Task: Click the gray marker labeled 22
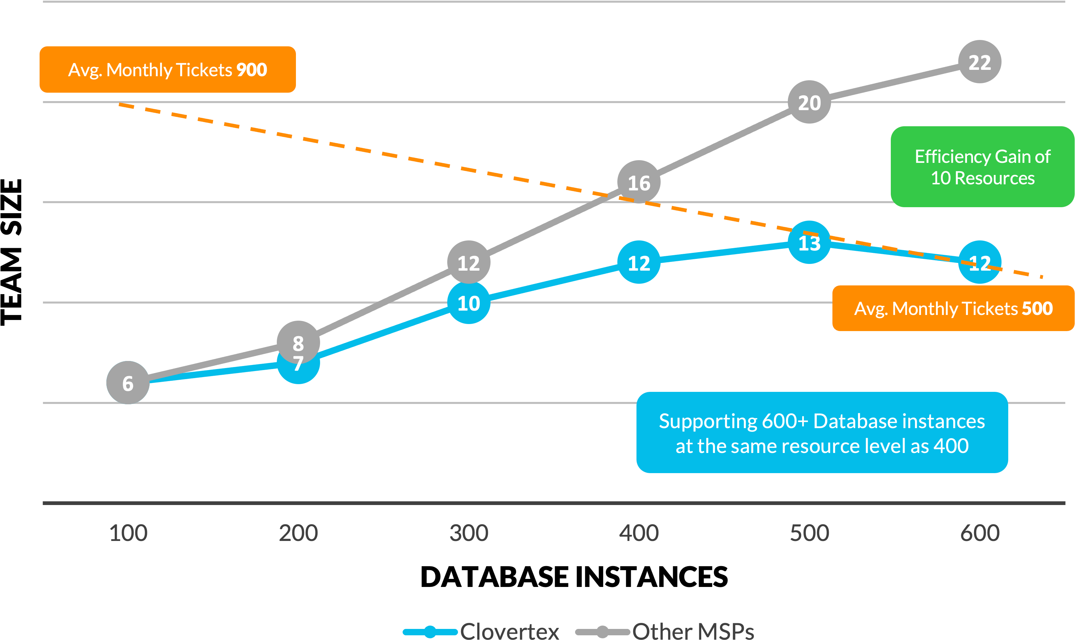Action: click(x=979, y=62)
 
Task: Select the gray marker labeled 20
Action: click(x=809, y=102)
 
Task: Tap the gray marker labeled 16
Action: click(x=638, y=182)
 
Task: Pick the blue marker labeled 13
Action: click(x=809, y=242)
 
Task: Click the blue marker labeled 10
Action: click(x=468, y=303)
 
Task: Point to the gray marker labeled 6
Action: click(x=127, y=382)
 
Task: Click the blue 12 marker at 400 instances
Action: click(x=638, y=262)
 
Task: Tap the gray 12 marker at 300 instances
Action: click(x=468, y=262)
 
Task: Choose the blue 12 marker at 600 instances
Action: click(x=979, y=262)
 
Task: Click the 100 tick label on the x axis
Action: click(x=128, y=533)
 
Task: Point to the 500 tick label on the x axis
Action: click(x=809, y=533)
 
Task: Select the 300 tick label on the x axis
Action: click(x=468, y=533)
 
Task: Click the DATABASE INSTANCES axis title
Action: click(x=574, y=577)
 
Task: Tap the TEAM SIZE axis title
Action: click(x=12, y=252)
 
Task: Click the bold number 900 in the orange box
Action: click(x=252, y=70)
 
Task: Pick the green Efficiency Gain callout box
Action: click(x=982, y=167)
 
